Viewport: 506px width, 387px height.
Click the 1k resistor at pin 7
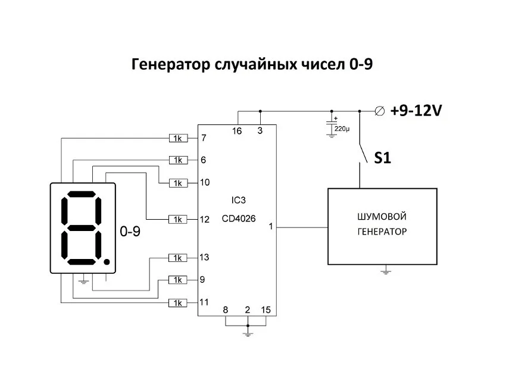point(178,138)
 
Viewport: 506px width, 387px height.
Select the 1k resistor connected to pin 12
point(178,219)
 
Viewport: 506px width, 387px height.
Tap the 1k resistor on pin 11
point(178,302)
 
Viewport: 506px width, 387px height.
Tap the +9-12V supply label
point(417,111)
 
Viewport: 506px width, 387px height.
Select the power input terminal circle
point(379,111)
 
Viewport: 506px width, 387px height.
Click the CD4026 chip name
point(239,219)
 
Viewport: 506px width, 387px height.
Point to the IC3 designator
point(238,199)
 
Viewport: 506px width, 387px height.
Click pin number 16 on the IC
point(237,131)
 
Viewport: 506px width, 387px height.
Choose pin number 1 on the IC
point(271,227)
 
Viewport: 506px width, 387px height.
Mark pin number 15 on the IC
point(266,310)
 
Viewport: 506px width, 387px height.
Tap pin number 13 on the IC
point(204,257)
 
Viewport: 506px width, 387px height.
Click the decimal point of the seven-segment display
point(107,261)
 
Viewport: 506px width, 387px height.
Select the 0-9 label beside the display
point(130,232)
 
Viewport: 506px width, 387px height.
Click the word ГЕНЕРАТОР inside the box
point(382,232)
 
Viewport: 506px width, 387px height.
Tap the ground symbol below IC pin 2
point(248,334)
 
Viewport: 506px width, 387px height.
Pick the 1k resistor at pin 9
point(178,280)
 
